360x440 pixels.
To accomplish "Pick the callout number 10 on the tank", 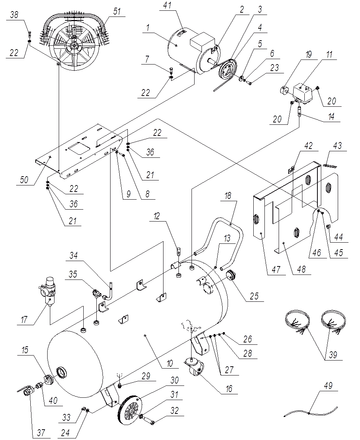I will [x=170, y=362].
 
